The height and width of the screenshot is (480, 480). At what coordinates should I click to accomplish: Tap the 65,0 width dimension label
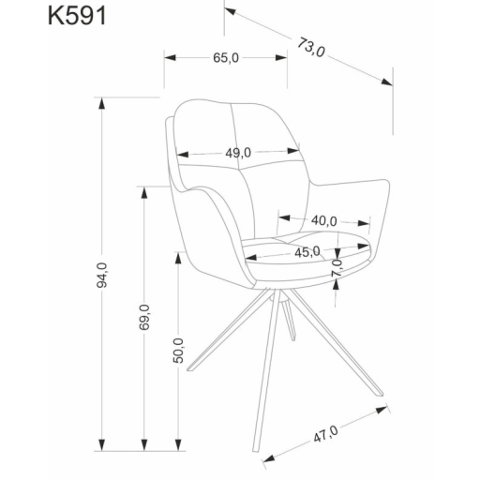(x=226, y=58)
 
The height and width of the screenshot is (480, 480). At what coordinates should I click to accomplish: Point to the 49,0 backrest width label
(x=237, y=152)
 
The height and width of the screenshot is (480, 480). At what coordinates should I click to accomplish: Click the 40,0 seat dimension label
(x=323, y=220)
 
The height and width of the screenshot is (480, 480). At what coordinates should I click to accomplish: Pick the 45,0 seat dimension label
(x=307, y=250)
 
